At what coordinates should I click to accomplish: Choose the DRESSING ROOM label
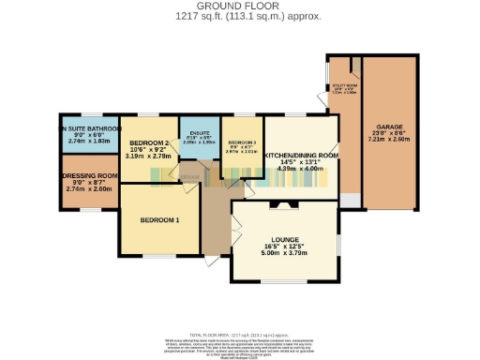[89, 175]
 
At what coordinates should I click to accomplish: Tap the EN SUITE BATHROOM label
[89, 128]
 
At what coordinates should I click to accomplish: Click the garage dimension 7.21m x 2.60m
[390, 142]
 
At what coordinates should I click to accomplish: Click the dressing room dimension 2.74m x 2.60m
[89, 188]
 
